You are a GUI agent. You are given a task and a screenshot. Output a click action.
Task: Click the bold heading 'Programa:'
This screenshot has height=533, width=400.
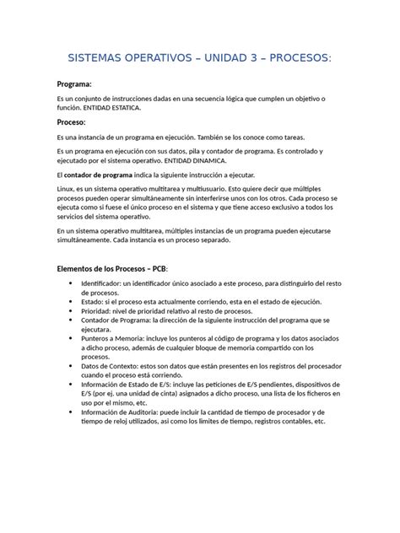(x=73, y=84)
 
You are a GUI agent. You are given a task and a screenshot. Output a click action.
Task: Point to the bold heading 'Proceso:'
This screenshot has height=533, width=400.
(x=71, y=122)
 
